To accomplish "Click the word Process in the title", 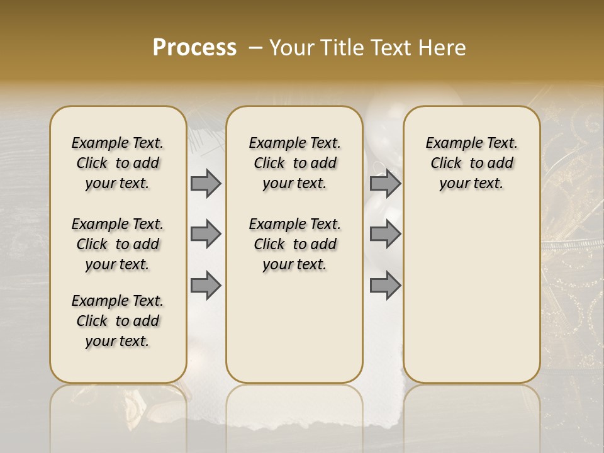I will (x=194, y=48).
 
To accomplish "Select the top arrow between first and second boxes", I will (x=206, y=183).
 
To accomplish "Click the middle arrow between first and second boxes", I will (x=206, y=234).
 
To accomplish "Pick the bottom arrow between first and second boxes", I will (x=206, y=285).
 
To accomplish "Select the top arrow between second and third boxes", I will (x=385, y=183).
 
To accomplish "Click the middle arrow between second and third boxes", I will (x=385, y=234).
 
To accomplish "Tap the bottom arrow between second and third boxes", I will (x=385, y=285).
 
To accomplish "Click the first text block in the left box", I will (x=118, y=163).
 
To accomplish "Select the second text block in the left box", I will (x=118, y=244).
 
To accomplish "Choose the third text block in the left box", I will (x=118, y=321).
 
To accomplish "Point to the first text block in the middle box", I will (x=294, y=163).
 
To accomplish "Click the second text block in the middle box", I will (x=294, y=244).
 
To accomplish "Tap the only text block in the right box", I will (x=471, y=163).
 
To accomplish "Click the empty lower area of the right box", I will (x=471, y=289).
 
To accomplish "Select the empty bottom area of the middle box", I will (x=294, y=333).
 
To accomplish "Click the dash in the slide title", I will (x=255, y=48).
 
